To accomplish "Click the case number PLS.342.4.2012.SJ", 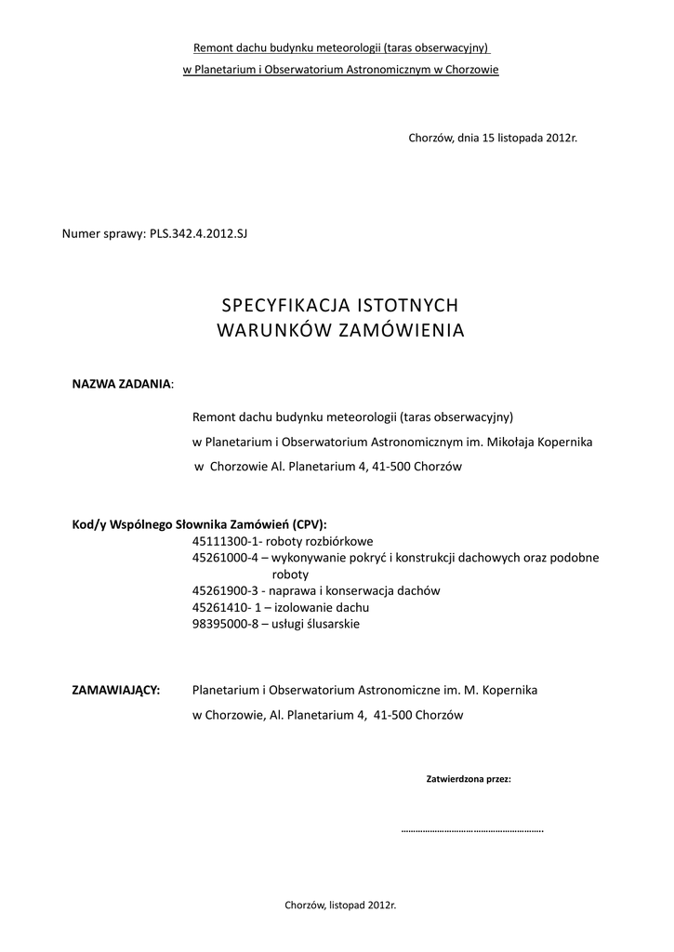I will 198,232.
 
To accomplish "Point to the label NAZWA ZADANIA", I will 122,383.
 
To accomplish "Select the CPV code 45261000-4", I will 224,558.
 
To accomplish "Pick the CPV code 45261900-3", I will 224,591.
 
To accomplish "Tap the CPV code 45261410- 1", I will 224,608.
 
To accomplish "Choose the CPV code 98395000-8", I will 224,625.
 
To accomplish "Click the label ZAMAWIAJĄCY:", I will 116,691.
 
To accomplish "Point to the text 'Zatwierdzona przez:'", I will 469,779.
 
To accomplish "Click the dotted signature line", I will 471,829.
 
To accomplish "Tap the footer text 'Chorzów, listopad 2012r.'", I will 339,905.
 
